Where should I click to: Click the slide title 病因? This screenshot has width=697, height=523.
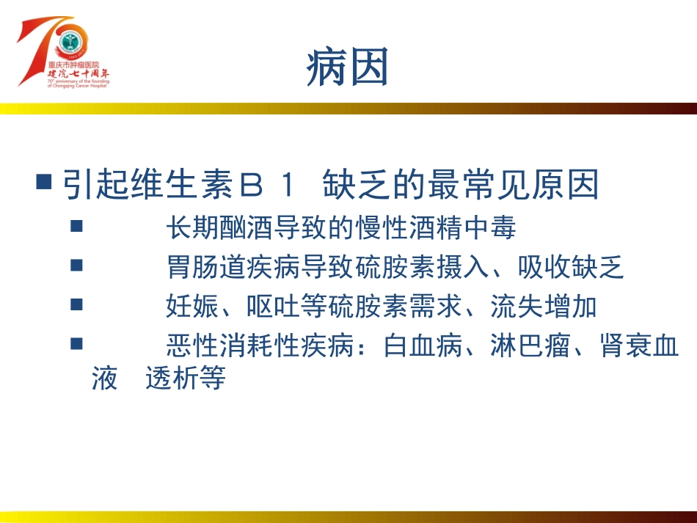pyautogui.click(x=347, y=67)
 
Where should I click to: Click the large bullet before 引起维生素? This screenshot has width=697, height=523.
pyautogui.click(x=44, y=181)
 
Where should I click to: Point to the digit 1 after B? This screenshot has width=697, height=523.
pyautogui.click(x=287, y=186)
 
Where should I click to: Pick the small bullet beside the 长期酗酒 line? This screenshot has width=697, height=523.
pyautogui.click(x=76, y=226)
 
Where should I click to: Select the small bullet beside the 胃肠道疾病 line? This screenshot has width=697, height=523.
pyautogui.click(x=76, y=266)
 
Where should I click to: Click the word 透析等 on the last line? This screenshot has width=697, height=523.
pyautogui.click(x=186, y=379)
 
